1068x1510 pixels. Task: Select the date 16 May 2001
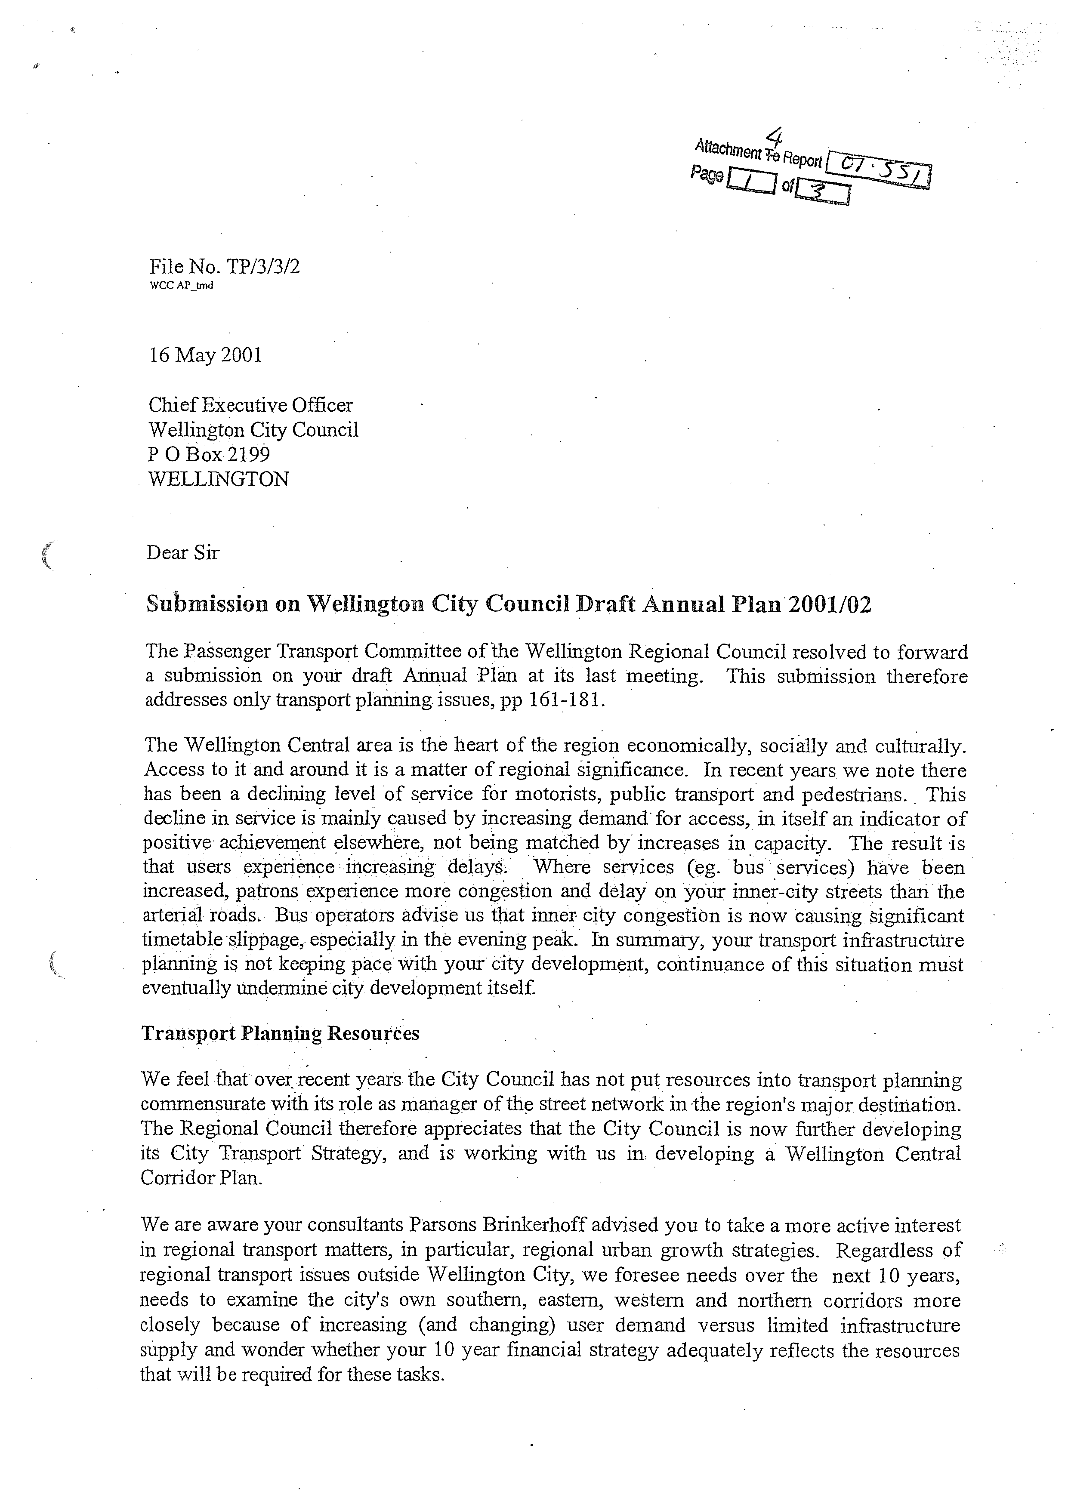pos(205,355)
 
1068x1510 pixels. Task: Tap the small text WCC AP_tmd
pos(182,285)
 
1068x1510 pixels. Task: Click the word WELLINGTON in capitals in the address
pos(218,479)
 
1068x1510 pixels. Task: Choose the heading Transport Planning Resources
pos(280,1033)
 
